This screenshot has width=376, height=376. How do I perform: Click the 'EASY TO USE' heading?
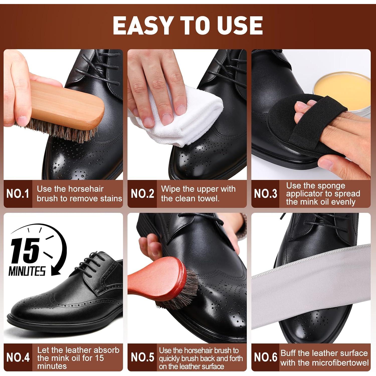(x=188, y=25)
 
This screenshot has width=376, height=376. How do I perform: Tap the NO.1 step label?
(x=18, y=194)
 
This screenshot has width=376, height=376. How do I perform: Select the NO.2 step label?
(x=142, y=194)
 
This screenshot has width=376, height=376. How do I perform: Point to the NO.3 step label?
(x=265, y=194)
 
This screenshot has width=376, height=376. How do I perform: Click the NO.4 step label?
(x=18, y=357)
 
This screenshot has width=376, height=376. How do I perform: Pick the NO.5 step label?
(x=142, y=357)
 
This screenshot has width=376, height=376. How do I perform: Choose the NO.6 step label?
(x=265, y=357)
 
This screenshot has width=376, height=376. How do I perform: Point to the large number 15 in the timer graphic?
(x=25, y=251)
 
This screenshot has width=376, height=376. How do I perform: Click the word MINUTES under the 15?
(x=27, y=271)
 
